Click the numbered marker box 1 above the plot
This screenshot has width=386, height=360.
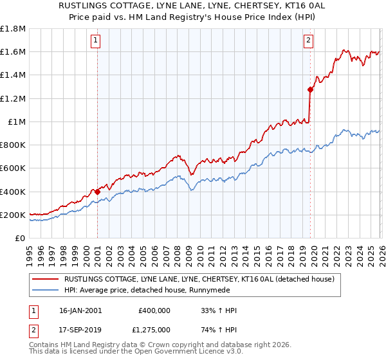pos(95,40)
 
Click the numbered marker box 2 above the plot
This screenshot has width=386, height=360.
pos(308,40)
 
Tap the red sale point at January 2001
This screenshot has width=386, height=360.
pos(97,192)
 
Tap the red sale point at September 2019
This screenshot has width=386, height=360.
pos(310,90)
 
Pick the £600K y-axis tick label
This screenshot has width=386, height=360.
pos(14,168)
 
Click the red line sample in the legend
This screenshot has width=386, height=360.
pos(45,280)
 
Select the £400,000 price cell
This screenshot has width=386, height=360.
pos(154,310)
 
